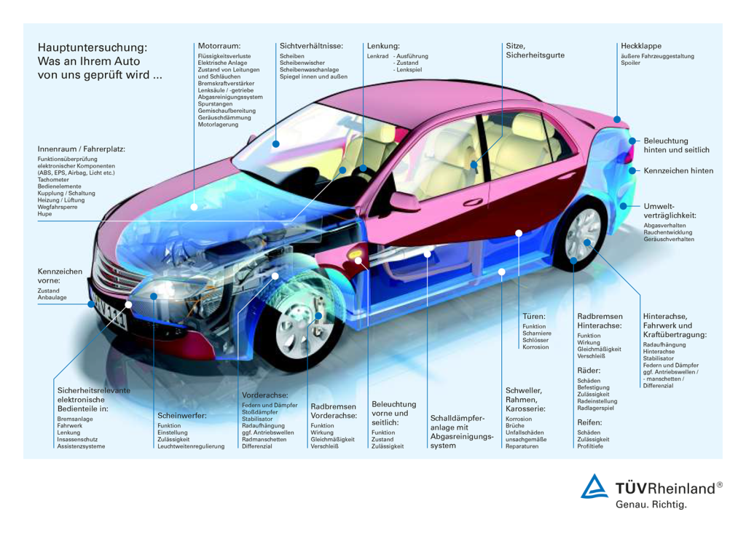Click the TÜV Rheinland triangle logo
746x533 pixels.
click(594, 486)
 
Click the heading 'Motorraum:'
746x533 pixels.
click(219, 46)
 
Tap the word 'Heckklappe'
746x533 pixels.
click(641, 46)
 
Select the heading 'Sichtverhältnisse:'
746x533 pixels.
click(311, 46)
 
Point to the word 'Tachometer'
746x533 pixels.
click(53, 180)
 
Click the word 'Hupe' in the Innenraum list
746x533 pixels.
click(44, 214)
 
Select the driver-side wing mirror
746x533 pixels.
click(404, 202)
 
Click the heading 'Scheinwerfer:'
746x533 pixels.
click(182, 416)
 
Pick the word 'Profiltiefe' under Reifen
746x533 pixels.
click(590, 446)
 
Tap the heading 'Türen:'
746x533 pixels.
click(534, 316)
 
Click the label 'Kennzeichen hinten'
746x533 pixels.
click(678, 170)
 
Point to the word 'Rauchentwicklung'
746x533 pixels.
click(668, 232)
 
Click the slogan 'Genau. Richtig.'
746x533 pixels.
click(651, 505)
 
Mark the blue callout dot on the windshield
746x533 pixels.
click(276, 143)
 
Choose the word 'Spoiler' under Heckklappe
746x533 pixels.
click(630, 63)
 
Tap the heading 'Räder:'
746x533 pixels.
click(589, 371)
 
